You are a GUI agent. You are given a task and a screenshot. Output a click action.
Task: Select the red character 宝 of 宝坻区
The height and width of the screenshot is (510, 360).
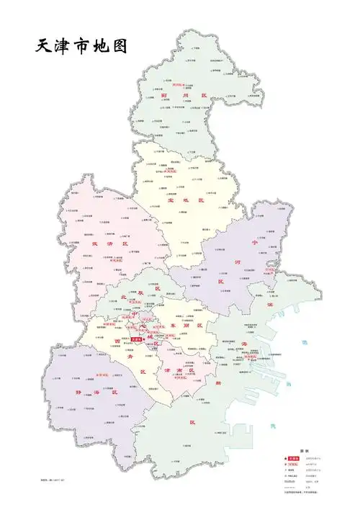[171, 201]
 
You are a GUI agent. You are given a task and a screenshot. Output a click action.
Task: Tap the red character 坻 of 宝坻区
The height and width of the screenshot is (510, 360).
[191, 201]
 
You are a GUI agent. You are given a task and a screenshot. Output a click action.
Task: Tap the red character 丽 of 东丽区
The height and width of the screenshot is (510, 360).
[195, 326]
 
